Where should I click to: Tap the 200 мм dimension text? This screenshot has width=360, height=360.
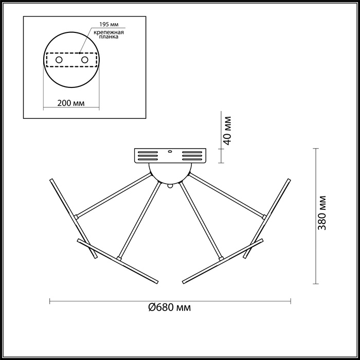[x=71, y=103]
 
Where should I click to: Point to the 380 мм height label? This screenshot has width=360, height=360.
[x=322, y=212]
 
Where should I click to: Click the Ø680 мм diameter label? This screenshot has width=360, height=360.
[x=170, y=308]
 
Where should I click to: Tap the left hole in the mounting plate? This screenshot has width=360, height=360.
[x=59, y=60]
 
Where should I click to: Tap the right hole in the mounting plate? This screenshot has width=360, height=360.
[x=84, y=60]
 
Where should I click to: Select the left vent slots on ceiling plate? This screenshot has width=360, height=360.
[x=146, y=156]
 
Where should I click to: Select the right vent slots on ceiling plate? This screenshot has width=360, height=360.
[x=193, y=156]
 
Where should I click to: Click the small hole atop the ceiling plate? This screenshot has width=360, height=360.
[x=170, y=152]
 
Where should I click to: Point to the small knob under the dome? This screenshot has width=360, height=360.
[x=170, y=186]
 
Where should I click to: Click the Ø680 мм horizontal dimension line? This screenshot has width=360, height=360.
[x=103, y=300]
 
